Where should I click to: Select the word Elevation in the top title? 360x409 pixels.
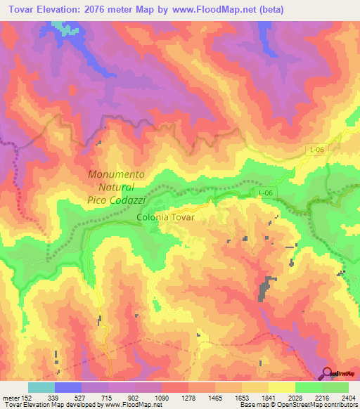click(69, 9)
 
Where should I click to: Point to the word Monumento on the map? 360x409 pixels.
click(116, 174)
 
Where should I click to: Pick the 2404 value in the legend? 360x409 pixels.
click(348, 396)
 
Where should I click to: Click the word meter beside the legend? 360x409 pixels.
click(11, 396)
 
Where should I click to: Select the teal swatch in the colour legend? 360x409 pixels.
click(41, 387)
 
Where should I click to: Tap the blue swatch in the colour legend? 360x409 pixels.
click(68, 387)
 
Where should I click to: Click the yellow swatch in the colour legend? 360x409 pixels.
click(281, 387)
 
